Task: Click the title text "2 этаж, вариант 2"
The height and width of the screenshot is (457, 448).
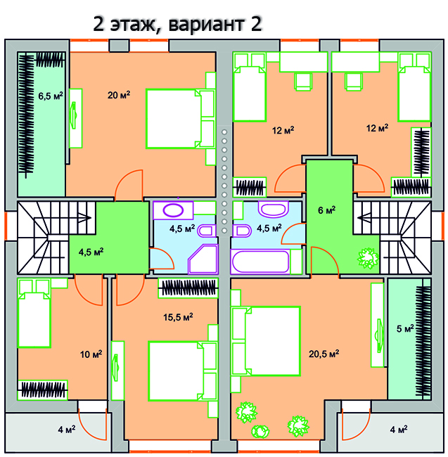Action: point(177,24)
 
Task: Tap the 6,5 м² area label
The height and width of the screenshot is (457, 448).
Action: point(51,96)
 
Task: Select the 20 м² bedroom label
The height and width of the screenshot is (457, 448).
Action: point(119,95)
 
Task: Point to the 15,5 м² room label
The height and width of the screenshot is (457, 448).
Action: point(178,317)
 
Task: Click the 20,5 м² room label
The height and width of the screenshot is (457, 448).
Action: point(324,354)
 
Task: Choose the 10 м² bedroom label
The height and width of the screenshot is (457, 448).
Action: point(91,354)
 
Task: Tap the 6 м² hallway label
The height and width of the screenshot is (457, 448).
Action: point(326,210)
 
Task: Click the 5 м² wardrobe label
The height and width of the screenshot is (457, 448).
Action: point(405,329)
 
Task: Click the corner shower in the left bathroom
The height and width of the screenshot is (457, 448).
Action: point(204,259)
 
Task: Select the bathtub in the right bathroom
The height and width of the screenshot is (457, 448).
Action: point(260,262)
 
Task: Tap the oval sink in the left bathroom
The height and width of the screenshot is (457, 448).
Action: point(173,210)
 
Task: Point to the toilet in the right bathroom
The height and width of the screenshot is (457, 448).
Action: point(242,231)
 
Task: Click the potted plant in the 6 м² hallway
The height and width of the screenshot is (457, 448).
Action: point(368,258)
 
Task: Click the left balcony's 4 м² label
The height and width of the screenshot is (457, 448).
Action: point(66,430)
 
